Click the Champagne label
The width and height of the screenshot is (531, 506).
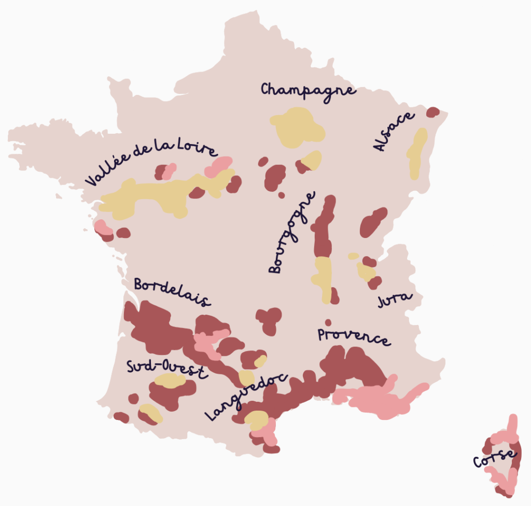tap(308, 90)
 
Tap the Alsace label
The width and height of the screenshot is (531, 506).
tap(394, 131)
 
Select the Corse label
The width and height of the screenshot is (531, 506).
tap(495, 459)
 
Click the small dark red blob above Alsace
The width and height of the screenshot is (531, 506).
tap(432, 112)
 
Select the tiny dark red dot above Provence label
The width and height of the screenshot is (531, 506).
tap(328, 322)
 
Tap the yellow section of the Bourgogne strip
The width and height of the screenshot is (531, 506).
tap(323, 275)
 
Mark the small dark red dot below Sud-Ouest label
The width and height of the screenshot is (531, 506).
tap(133, 399)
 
